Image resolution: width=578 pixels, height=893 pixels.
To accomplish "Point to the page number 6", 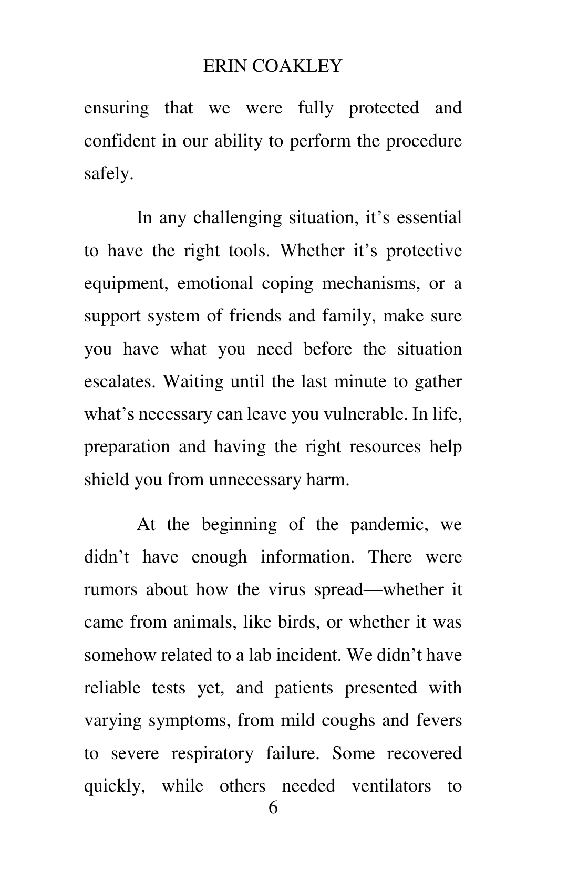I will coord(273,808).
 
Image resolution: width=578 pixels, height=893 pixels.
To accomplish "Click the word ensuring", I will coord(116,108).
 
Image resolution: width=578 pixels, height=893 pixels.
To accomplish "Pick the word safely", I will coord(109,174).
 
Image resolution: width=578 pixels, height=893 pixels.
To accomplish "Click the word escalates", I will coord(120,381).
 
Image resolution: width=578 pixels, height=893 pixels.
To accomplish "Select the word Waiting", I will coord(194,381).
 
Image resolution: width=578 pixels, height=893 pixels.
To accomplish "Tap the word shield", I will coord(107,480).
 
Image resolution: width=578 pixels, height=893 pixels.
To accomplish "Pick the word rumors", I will coord(110,589).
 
